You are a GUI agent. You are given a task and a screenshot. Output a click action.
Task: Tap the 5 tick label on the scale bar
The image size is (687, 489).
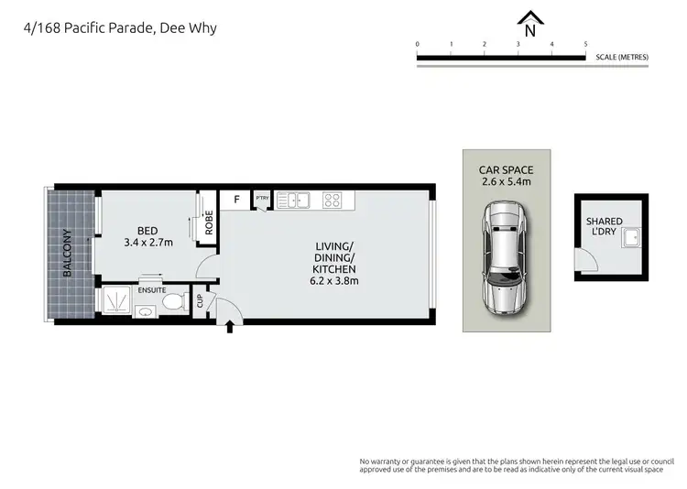click(585, 44)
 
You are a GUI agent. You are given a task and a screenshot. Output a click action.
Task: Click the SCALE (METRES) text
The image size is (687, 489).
click(622, 57)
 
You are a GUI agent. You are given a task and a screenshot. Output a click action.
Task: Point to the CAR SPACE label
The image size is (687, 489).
click(506, 170)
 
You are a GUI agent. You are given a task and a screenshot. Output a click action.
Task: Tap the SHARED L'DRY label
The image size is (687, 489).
click(604, 227)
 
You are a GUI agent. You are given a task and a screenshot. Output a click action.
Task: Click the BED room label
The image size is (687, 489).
click(148, 231)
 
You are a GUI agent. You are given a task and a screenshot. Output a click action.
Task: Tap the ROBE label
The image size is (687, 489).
click(209, 223)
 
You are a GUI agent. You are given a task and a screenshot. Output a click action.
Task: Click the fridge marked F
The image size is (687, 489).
click(236, 199)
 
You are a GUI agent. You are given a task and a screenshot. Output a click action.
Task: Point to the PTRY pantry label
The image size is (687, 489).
click(262, 198)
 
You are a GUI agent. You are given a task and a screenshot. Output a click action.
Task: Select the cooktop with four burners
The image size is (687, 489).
click(334, 199)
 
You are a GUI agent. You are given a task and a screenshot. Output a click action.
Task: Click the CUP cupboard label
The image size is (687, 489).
click(200, 301)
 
